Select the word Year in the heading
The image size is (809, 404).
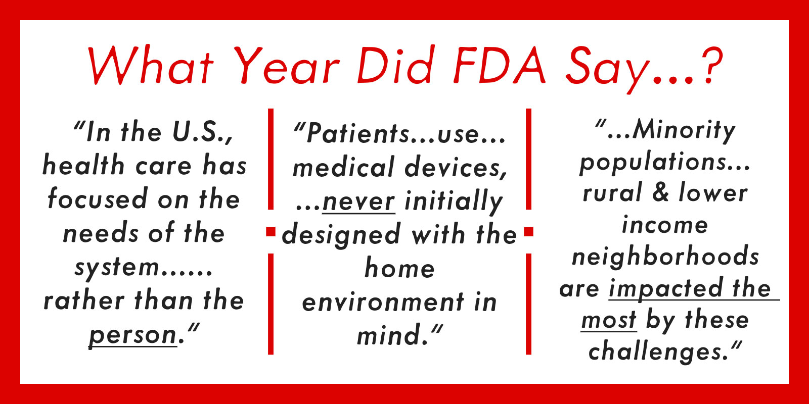coord(288,66)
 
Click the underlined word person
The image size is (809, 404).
coord(133,335)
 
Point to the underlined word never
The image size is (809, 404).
coord(358,201)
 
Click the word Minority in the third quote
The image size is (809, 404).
coord(684,131)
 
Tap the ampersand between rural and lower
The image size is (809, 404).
coord(660,192)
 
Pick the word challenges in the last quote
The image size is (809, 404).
coord(653,352)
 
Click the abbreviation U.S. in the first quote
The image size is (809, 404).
coord(199,132)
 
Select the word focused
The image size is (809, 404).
coord(98,199)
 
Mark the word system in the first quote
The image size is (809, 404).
coord(117,268)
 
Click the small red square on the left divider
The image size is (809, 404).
coord(271,232)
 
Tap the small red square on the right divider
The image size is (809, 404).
coord(528,232)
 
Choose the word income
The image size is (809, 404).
coord(665,225)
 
